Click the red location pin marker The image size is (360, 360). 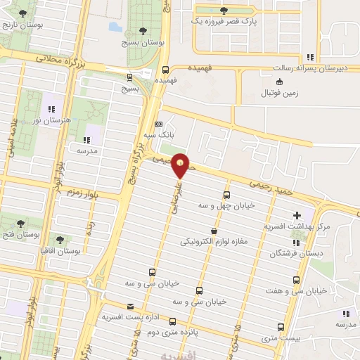[x=181, y=165]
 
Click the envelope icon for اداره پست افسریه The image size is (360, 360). [x=130, y=307]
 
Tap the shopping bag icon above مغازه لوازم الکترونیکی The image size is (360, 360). [x=213, y=231]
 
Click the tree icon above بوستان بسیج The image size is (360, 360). [x=143, y=30]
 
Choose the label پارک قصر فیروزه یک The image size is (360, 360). [x=224, y=21]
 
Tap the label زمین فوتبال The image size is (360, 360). [x=280, y=93]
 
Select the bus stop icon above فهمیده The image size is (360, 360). [x=165, y=70]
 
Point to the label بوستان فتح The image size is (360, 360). [x=20, y=233]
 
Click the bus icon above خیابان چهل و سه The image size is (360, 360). [x=226, y=194]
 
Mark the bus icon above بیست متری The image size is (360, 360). [x=281, y=327]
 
